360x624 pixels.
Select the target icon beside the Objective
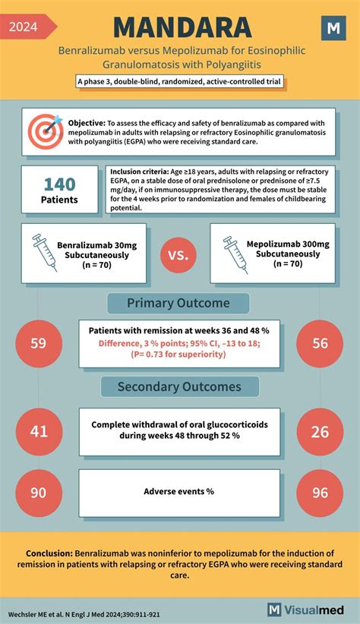[46, 131]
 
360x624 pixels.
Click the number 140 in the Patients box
[58, 184]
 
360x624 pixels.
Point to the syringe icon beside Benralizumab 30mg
[40, 253]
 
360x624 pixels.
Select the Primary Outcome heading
[178, 303]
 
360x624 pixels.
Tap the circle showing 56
[321, 342]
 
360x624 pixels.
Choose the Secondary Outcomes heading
[178, 386]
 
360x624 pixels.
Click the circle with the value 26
[321, 430]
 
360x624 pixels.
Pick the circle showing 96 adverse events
[321, 492]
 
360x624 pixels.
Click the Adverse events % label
[178, 491]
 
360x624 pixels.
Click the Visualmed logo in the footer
[308, 609]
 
